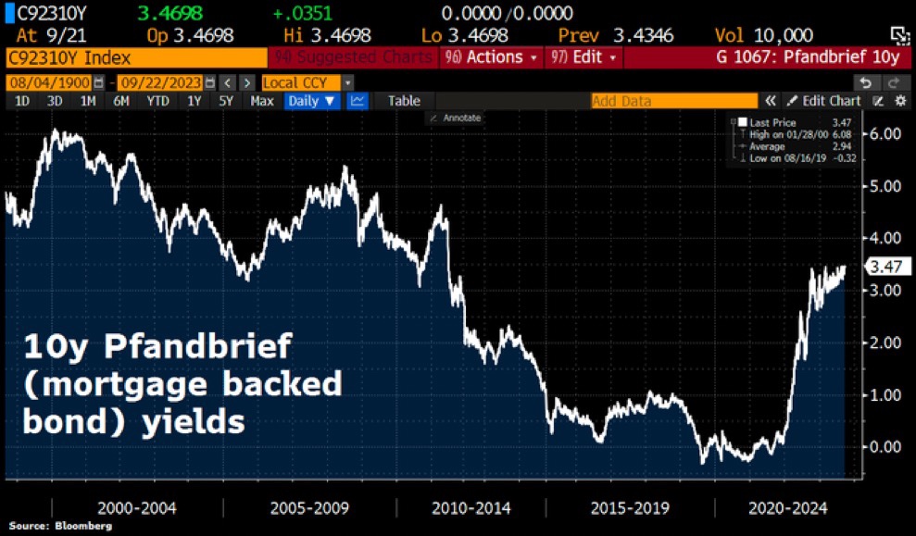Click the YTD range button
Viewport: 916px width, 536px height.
[158, 101]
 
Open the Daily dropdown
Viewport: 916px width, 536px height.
[312, 101]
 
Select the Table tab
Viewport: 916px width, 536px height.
[404, 101]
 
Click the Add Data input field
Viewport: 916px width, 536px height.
[673, 101]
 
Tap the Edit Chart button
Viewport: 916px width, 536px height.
[823, 101]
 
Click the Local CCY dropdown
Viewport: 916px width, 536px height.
[307, 81]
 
